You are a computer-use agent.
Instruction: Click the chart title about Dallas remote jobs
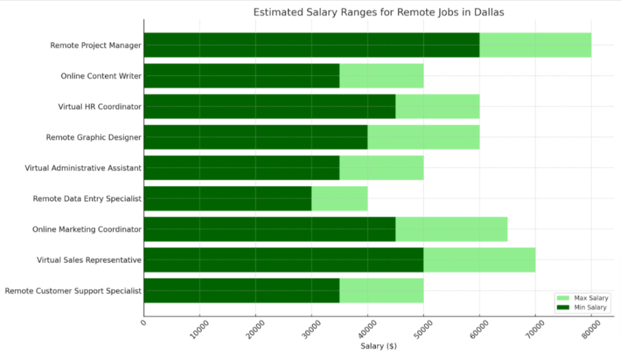(x=378, y=12)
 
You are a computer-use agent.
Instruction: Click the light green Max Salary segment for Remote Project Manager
(x=535, y=45)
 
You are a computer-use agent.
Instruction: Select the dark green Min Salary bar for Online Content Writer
(x=241, y=76)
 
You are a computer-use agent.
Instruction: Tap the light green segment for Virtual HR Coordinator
(x=437, y=106)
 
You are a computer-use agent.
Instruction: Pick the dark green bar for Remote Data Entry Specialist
(x=227, y=198)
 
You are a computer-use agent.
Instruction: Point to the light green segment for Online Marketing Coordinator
(x=451, y=229)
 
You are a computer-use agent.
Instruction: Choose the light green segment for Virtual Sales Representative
(x=479, y=260)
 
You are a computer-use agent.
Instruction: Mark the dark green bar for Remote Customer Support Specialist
(x=241, y=290)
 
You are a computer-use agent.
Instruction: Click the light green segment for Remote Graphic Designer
(x=423, y=137)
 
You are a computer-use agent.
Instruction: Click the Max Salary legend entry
(x=582, y=298)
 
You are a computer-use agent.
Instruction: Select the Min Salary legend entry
(x=582, y=308)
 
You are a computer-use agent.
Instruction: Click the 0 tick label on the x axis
(x=143, y=324)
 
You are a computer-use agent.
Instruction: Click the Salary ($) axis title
(x=378, y=346)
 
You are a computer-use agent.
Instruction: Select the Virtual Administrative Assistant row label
(x=83, y=168)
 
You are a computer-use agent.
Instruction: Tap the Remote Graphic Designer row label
(x=93, y=137)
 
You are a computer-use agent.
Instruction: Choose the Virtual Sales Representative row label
(x=89, y=260)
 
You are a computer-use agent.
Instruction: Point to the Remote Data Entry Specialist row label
(x=87, y=198)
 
